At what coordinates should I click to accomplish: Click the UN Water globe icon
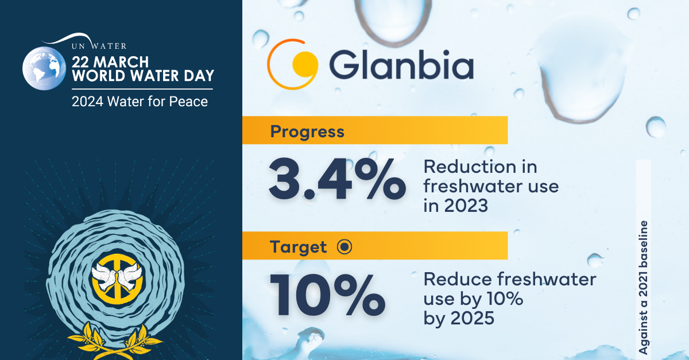point(44,68)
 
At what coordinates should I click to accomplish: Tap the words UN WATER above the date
point(99,46)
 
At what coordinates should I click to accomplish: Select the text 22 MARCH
point(110,62)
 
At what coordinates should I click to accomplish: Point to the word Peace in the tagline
point(188,102)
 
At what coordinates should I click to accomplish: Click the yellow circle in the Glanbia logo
point(304,63)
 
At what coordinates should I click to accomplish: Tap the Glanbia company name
point(401,65)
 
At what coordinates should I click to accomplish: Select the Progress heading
point(307,131)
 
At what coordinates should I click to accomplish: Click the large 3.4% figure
point(337,179)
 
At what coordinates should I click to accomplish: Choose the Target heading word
point(298,247)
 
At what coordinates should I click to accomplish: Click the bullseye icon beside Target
point(344,246)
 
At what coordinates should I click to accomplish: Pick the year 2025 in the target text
point(472,318)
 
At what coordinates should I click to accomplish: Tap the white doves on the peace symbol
point(117,276)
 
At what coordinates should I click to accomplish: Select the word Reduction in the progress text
point(470,167)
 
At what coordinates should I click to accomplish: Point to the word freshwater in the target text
point(547,279)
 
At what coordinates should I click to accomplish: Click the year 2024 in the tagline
point(87,102)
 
